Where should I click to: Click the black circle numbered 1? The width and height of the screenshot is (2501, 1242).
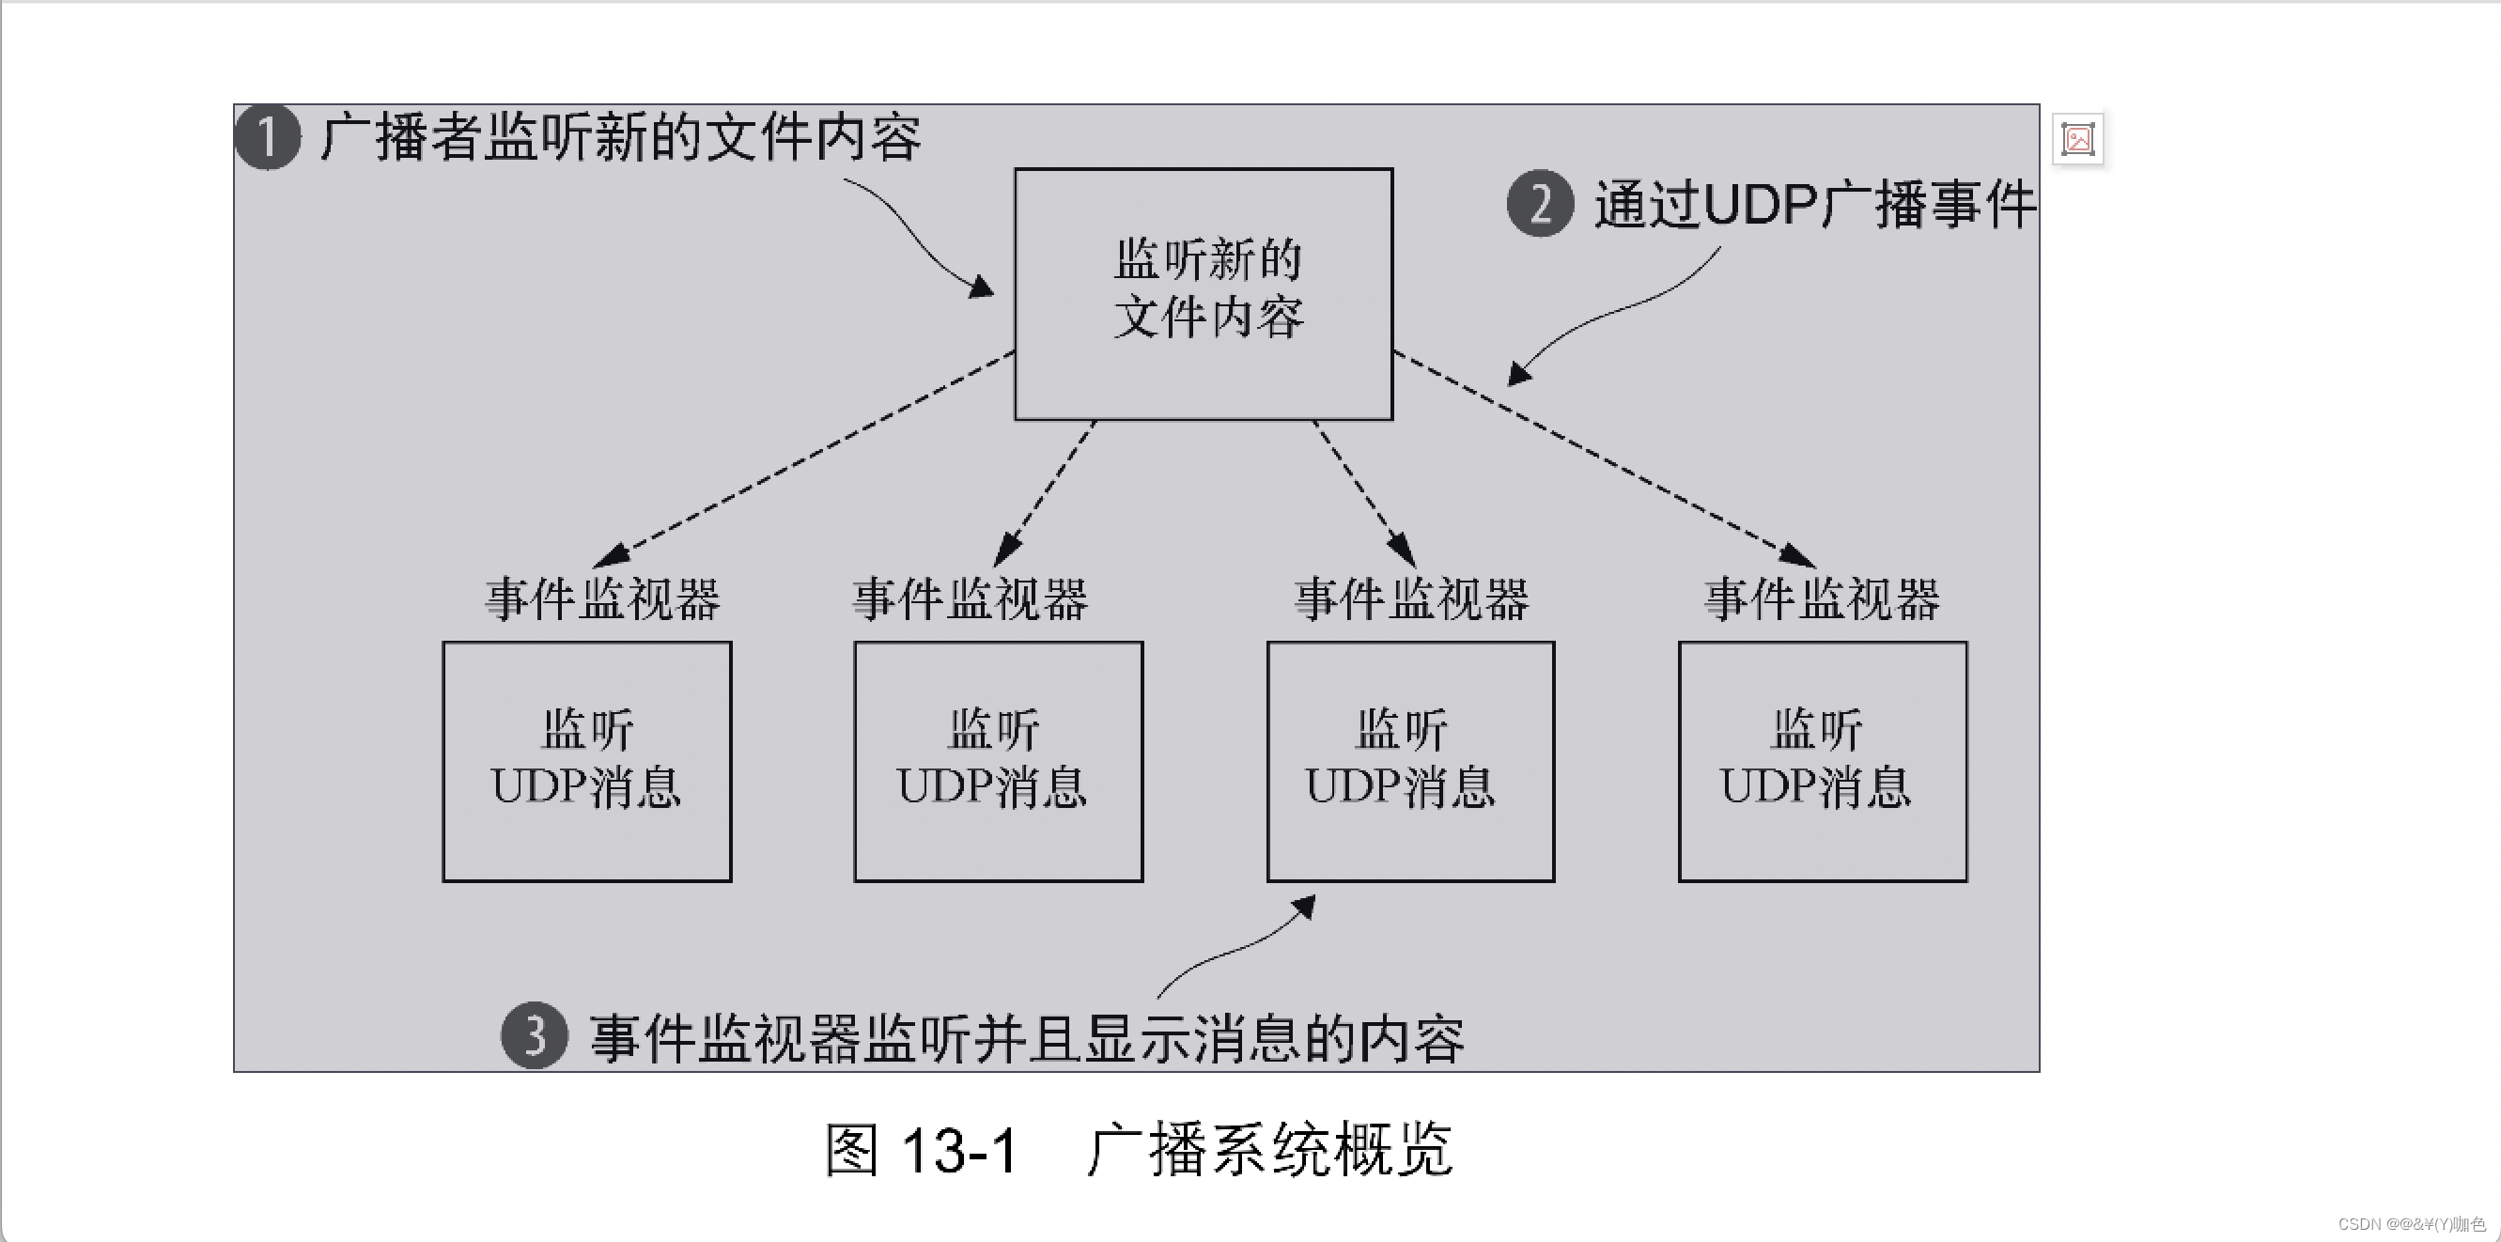(x=268, y=137)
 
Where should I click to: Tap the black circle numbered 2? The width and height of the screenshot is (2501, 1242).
(x=1540, y=204)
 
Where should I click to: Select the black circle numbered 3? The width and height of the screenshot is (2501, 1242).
(x=534, y=1036)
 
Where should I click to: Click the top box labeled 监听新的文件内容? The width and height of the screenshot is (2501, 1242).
(x=1204, y=293)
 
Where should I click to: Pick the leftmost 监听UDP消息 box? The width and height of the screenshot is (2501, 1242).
(x=586, y=761)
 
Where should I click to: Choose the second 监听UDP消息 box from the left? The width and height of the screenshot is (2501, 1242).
(x=998, y=761)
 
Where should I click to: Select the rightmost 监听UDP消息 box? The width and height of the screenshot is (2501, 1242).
(x=1823, y=761)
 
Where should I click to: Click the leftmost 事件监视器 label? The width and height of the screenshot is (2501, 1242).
(x=603, y=599)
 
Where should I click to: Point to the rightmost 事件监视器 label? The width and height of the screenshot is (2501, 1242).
(x=1823, y=599)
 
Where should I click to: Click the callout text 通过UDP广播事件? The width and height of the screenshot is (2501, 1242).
(x=1813, y=205)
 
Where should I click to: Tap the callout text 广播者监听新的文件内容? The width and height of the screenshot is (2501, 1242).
(x=619, y=137)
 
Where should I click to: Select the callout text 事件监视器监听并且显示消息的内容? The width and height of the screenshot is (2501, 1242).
(x=1026, y=1038)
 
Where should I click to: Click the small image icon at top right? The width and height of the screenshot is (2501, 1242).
(x=2077, y=140)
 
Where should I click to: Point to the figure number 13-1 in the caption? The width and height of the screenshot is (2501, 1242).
(x=959, y=1151)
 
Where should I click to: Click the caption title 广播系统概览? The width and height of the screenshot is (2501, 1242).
(x=1270, y=1150)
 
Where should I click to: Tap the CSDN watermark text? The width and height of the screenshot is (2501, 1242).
(x=2411, y=1223)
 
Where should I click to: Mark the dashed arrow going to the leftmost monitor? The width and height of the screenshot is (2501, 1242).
(x=806, y=458)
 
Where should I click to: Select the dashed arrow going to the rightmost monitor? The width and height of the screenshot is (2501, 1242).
(x=1602, y=458)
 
